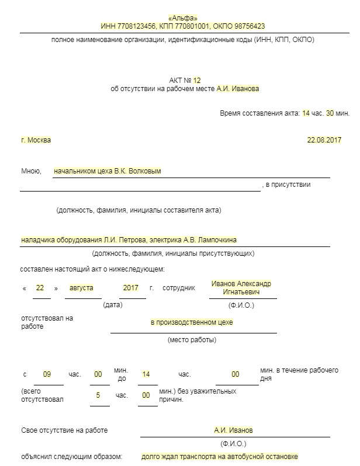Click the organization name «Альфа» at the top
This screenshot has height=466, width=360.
click(183, 18)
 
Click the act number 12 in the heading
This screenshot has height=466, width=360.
click(196, 80)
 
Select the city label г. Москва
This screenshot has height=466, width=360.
click(36, 140)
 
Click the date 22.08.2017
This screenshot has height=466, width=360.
click(324, 140)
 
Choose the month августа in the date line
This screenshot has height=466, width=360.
click(81, 288)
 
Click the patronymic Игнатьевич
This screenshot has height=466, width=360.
click(241, 292)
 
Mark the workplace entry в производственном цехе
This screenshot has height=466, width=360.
click(195, 322)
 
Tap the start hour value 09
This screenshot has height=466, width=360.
click(47, 374)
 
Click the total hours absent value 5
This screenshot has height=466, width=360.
click(98, 395)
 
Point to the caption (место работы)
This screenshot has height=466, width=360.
click(192, 340)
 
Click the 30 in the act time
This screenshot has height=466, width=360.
click(330, 113)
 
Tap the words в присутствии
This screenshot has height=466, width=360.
click(288, 185)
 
